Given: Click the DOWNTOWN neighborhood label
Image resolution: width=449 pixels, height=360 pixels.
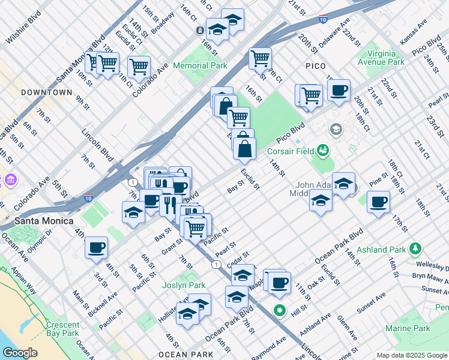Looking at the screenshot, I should (46, 93).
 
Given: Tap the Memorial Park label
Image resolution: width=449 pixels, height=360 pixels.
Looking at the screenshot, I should (200, 65).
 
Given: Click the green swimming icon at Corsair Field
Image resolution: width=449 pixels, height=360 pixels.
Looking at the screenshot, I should (324, 148).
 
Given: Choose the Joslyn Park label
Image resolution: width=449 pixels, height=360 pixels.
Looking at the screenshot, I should (184, 285).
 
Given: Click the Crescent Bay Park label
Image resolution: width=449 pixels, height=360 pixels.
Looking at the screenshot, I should (62, 329).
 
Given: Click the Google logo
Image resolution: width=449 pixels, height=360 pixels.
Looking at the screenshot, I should (20, 353).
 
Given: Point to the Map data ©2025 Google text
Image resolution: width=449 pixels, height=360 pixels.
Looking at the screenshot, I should (412, 355).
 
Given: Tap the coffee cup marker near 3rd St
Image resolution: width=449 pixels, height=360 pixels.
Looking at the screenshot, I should (96, 247).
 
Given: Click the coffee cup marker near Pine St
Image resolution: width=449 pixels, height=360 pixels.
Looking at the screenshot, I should (378, 202).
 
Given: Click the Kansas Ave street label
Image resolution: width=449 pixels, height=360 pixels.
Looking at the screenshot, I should (414, 29).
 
